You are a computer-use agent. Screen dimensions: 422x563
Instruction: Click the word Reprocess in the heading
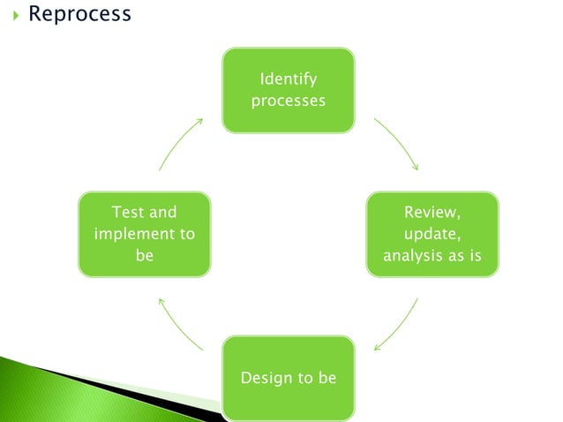[x=79, y=14]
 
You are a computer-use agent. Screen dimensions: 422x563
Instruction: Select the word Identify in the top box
[x=288, y=79]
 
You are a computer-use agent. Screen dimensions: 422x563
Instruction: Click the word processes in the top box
[x=288, y=100]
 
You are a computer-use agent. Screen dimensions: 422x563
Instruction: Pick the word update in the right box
[x=431, y=234]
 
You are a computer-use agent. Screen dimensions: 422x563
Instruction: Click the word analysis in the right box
[x=411, y=256]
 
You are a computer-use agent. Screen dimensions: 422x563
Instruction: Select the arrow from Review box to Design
[x=395, y=324]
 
